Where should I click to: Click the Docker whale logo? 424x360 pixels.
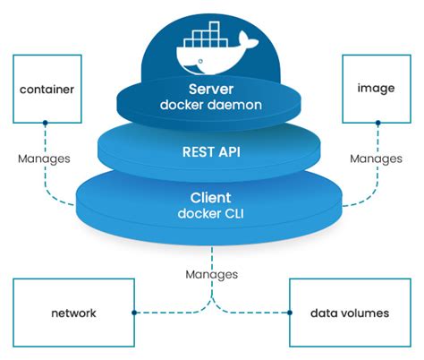click(213, 53)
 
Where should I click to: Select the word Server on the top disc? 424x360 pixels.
click(211, 90)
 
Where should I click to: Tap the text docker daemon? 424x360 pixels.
click(211, 107)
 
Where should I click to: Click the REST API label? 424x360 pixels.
click(211, 151)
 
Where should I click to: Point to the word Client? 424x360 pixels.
click(211, 198)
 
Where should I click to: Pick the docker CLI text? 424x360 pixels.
click(211, 214)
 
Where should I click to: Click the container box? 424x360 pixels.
click(46, 90)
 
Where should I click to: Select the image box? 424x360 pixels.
click(376, 90)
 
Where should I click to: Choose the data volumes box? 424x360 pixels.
click(350, 313)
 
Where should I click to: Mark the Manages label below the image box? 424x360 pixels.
click(376, 159)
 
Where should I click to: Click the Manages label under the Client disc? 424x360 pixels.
click(212, 273)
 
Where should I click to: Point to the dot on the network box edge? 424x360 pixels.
click(133, 313)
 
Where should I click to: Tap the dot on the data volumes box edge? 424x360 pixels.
click(291, 313)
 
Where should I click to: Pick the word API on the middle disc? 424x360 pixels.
click(229, 151)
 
